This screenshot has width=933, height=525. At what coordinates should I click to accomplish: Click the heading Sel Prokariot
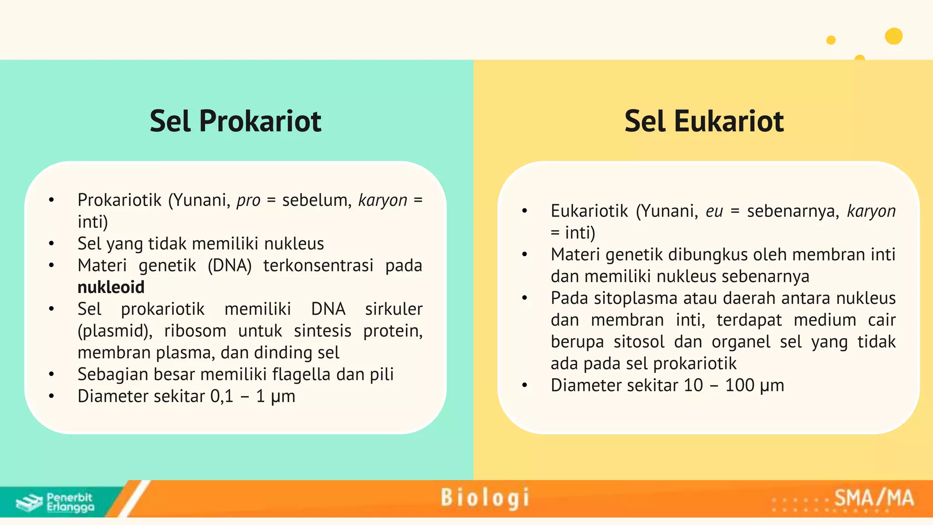click(x=235, y=121)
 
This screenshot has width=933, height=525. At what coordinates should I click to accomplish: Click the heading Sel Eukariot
click(x=704, y=121)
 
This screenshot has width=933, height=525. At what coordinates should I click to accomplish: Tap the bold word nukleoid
click(x=111, y=287)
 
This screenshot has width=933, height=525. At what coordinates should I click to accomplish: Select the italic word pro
click(x=248, y=201)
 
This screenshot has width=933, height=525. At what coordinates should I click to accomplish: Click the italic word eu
click(x=714, y=211)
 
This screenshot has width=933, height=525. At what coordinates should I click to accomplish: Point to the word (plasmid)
click(x=115, y=331)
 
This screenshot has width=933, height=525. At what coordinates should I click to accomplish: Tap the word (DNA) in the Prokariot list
click(x=229, y=265)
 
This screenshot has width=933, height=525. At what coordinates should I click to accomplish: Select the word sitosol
click(x=639, y=342)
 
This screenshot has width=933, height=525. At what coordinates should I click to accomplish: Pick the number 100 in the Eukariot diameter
click(x=739, y=385)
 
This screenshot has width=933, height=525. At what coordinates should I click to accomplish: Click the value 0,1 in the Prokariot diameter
click(x=221, y=396)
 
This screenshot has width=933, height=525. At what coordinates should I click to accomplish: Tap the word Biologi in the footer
click(x=485, y=498)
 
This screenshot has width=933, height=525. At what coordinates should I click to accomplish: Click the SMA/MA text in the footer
click(x=874, y=498)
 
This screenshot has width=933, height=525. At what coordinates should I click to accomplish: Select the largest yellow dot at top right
click(x=893, y=36)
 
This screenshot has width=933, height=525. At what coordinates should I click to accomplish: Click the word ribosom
click(x=195, y=331)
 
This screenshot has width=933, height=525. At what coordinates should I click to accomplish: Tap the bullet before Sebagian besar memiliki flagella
click(x=51, y=375)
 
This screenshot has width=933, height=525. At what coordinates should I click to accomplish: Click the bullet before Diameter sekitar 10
click(x=524, y=386)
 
